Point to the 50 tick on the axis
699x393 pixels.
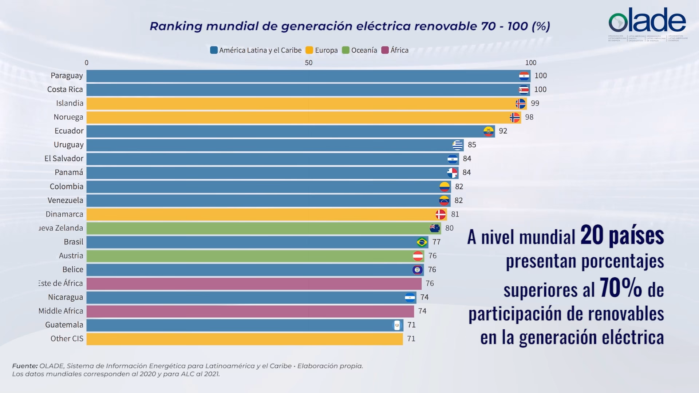308,63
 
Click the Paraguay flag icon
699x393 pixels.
524,76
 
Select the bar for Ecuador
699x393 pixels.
284,131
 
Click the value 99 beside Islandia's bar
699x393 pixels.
535,103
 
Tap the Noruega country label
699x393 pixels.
68,117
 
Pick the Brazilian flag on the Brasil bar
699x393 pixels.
422,242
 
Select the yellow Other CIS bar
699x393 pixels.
244,339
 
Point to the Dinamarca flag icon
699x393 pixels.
441,214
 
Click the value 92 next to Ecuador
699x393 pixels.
503,131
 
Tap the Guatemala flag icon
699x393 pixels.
397,325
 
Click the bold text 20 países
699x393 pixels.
622,236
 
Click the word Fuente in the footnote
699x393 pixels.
25,366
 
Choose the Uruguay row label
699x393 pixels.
69,145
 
